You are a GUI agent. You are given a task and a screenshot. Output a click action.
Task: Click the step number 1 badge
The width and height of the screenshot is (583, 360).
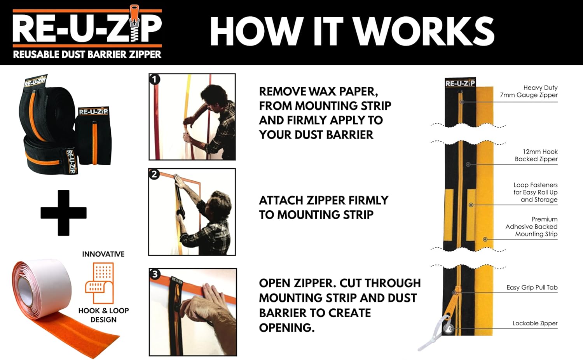[x=155, y=79]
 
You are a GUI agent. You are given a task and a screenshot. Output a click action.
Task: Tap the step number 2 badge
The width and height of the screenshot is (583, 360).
[x=154, y=174]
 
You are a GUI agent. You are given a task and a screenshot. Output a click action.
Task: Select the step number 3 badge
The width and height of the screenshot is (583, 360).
[x=155, y=274]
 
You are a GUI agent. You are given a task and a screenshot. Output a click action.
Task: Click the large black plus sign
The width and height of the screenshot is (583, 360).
[x=63, y=213]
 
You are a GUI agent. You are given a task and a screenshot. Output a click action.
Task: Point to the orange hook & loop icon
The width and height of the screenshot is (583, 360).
[x=99, y=283]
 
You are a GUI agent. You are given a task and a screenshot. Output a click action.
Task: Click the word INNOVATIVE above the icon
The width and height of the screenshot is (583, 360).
[x=103, y=254]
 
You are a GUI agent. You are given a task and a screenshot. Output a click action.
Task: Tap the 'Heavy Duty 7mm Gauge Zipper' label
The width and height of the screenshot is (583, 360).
[x=529, y=91]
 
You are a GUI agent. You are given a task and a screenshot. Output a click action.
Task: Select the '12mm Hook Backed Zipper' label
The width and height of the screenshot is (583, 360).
[x=536, y=155]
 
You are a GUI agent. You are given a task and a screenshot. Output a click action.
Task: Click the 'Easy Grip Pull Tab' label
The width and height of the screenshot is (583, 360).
[x=532, y=287]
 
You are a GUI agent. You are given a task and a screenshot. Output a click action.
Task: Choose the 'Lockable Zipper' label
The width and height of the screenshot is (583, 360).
[x=535, y=323]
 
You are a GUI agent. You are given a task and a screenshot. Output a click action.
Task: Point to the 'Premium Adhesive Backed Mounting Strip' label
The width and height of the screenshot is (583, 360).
[x=531, y=227]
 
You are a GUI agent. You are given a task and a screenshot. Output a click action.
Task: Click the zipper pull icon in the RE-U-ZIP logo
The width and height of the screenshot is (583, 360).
[x=134, y=23]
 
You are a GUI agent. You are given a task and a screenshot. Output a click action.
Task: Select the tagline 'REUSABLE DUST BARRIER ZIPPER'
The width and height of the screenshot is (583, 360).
[x=87, y=55]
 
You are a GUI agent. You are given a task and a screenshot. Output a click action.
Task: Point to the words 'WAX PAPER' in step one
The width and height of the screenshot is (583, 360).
[x=343, y=91]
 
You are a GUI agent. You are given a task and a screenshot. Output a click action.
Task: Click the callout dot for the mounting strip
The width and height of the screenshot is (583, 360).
[x=485, y=239]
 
